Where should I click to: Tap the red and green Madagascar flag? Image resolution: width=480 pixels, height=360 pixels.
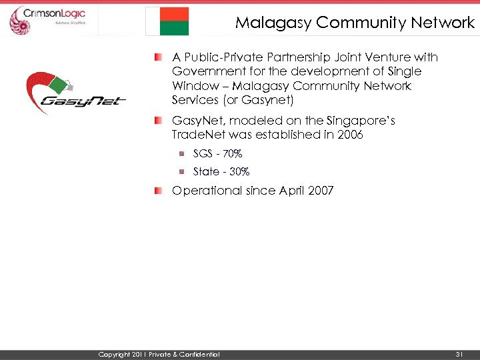pyautogui.click(x=167, y=21)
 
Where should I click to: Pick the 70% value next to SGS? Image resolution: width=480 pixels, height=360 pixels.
pyautogui.click(x=232, y=154)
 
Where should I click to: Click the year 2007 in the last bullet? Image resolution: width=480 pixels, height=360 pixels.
pyautogui.click(x=321, y=191)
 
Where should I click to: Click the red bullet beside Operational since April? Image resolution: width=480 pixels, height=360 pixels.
pyautogui.click(x=159, y=191)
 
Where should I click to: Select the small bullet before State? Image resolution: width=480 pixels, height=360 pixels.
pyautogui.click(x=180, y=172)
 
